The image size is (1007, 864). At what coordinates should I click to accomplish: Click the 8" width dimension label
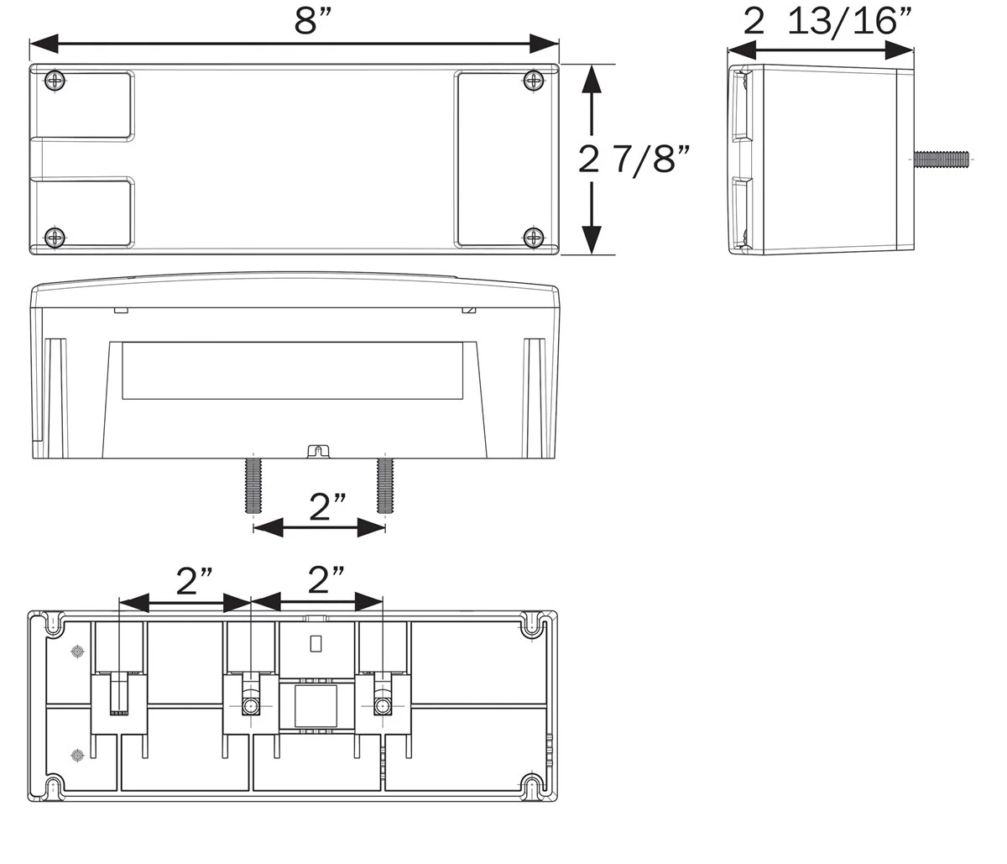tap(312, 22)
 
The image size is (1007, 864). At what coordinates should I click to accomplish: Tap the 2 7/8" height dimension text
tap(634, 159)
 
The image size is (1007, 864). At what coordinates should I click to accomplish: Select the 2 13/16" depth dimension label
tap(827, 22)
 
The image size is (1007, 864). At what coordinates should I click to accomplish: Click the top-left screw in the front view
tap(55, 81)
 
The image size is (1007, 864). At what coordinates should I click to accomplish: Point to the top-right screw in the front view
tap(534, 81)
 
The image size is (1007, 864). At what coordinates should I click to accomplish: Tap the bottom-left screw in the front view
tap(55, 238)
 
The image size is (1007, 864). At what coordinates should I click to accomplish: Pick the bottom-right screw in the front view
tap(534, 238)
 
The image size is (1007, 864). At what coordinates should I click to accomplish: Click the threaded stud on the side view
tap(942, 159)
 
